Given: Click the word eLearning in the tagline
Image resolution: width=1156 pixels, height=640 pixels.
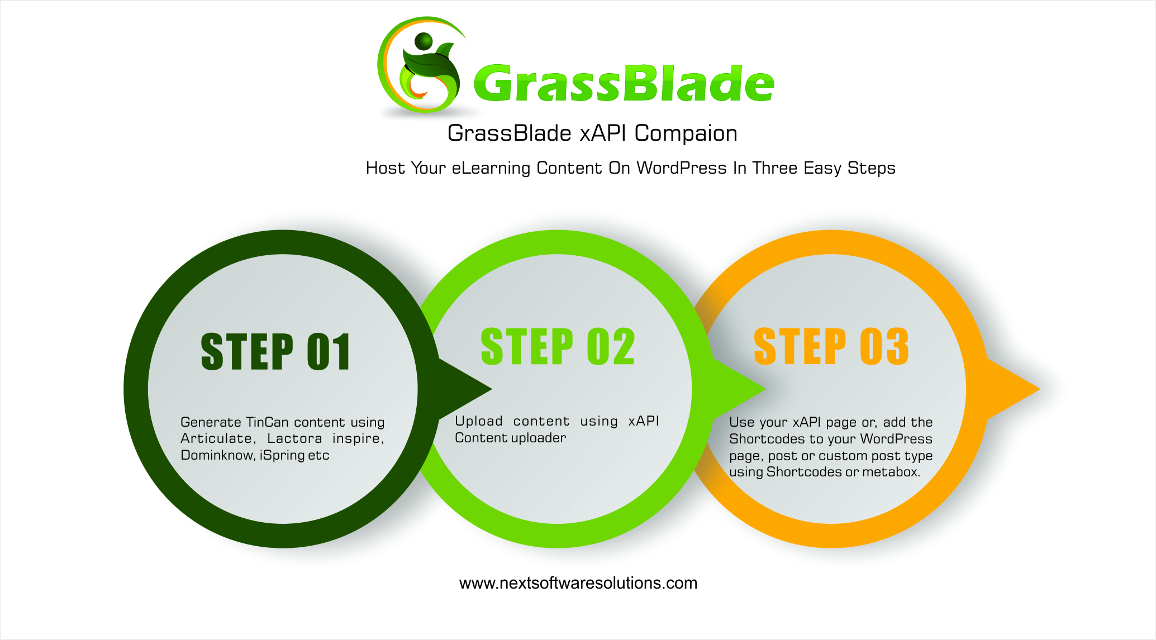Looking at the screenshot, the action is [x=491, y=169].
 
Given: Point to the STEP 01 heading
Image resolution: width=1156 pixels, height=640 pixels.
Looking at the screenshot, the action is [x=276, y=352].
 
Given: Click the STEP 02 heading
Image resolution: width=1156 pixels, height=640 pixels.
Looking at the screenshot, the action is [x=558, y=347].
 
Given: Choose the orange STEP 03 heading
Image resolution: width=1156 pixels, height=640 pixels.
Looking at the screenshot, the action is [x=831, y=347].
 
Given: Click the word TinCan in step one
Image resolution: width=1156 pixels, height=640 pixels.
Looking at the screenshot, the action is [x=267, y=422].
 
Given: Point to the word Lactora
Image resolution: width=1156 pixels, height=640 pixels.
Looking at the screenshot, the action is [x=294, y=439].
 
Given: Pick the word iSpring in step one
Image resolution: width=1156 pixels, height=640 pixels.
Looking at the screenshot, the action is [x=282, y=456].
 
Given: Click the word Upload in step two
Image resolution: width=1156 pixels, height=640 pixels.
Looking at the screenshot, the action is [x=479, y=421].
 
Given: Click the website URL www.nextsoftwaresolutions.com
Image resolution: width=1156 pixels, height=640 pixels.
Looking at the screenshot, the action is [x=578, y=584].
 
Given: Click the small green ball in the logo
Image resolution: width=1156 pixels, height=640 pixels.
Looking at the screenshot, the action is [x=424, y=41].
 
